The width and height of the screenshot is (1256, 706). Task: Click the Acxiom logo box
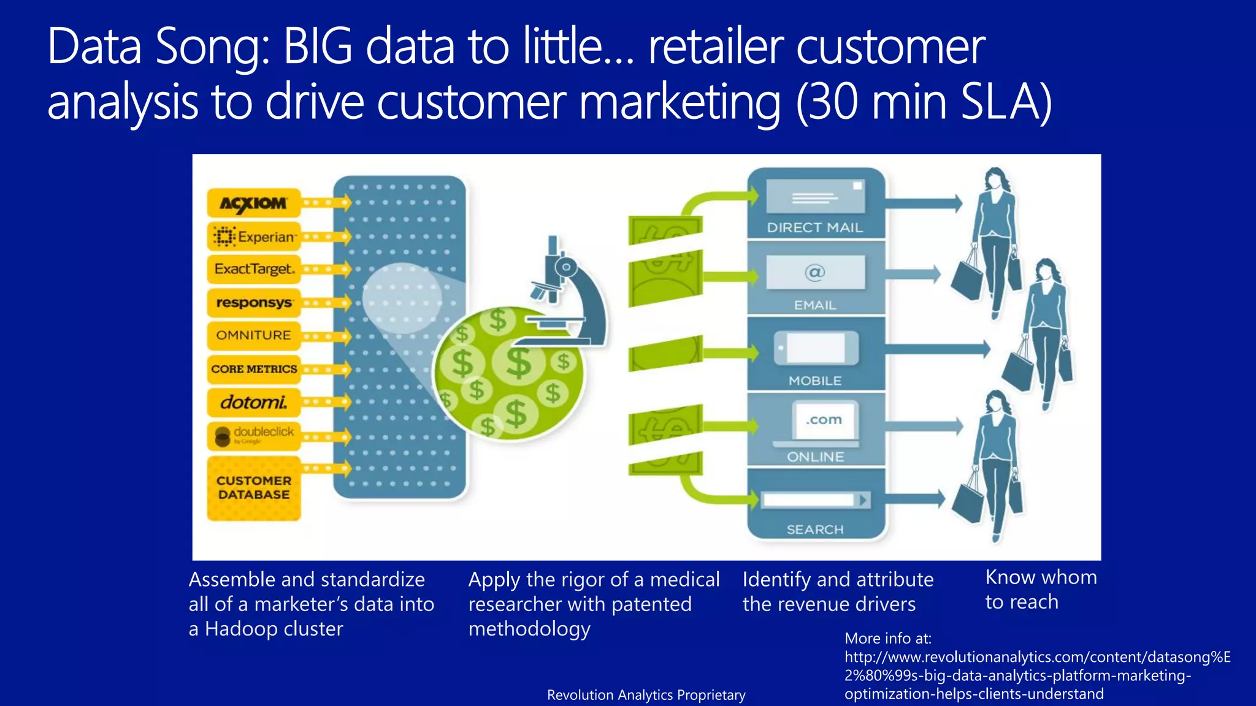(253, 203)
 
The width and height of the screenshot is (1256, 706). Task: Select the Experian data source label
(254, 237)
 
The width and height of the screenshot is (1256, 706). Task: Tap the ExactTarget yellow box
(254, 269)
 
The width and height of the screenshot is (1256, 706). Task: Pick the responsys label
(254, 303)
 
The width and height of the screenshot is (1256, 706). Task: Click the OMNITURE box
(254, 335)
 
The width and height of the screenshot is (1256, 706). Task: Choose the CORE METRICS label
(254, 369)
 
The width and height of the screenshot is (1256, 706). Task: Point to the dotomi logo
(254, 403)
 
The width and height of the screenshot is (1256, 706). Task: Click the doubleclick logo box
(254, 435)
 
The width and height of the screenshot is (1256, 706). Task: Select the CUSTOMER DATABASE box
(254, 488)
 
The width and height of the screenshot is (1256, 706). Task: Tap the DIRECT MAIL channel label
(814, 227)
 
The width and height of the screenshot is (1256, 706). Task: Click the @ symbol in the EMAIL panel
(815, 271)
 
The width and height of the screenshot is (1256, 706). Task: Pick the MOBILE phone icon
(815, 348)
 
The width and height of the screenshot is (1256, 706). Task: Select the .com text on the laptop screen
(824, 420)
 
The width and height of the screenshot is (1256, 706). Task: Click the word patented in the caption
(651, 605)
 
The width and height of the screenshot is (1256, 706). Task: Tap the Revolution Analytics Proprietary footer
(646, 695)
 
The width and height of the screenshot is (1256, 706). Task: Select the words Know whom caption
(1041, 577)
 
